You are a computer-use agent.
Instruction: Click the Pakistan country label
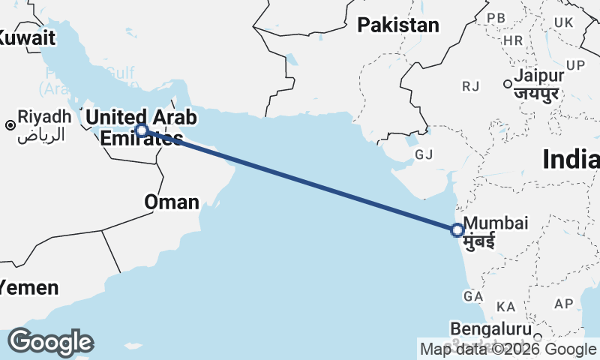397,25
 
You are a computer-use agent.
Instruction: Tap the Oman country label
172,202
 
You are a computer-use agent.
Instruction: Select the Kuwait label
27,37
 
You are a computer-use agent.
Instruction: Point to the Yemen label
28,287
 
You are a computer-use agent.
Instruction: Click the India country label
571,160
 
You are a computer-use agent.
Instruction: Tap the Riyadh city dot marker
10,124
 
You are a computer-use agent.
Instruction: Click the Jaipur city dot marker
508,83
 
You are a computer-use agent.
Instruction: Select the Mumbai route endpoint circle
457,230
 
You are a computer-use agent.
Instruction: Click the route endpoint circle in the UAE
141,130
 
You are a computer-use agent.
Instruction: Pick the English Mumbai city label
496,223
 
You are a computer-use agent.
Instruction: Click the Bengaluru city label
491,328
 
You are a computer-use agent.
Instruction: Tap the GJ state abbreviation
424,154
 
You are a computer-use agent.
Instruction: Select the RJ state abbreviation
471,87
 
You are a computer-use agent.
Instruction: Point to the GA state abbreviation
472,297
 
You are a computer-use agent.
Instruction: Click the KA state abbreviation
506,307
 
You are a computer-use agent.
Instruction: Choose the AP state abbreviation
562,304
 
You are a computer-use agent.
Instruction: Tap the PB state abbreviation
496,17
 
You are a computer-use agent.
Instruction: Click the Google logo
50,342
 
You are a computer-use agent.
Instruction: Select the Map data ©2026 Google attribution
508,349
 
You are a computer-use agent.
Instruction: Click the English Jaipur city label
539,76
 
